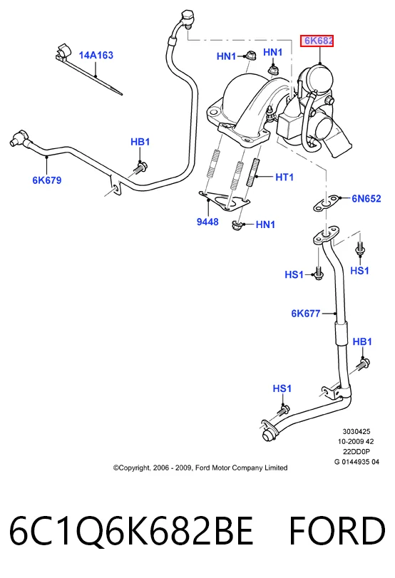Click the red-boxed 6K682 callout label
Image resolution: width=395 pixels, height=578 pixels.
pos(317,41)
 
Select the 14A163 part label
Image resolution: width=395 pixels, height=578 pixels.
pos(96,56)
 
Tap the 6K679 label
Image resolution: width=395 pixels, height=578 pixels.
pos(47,180)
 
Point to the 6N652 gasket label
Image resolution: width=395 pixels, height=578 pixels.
pos(366,199)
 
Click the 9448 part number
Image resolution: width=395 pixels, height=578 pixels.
pos(207,222)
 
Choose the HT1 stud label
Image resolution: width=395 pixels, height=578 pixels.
pos(284,177)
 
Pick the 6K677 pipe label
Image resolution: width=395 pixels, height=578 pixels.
pos(306,314)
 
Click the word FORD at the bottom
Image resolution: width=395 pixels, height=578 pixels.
pos(337,531)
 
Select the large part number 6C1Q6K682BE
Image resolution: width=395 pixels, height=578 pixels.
pos(131,531)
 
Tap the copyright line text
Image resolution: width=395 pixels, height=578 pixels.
pos(200,468)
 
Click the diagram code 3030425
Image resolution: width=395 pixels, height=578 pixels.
pos(356,432)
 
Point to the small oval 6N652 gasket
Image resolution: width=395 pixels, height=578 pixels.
pos(324,204)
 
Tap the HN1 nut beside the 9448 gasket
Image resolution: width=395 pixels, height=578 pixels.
pos(237,225)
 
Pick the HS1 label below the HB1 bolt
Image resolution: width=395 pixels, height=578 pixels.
pos(282,388)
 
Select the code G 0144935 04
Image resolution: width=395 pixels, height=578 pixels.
pos(356,462)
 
